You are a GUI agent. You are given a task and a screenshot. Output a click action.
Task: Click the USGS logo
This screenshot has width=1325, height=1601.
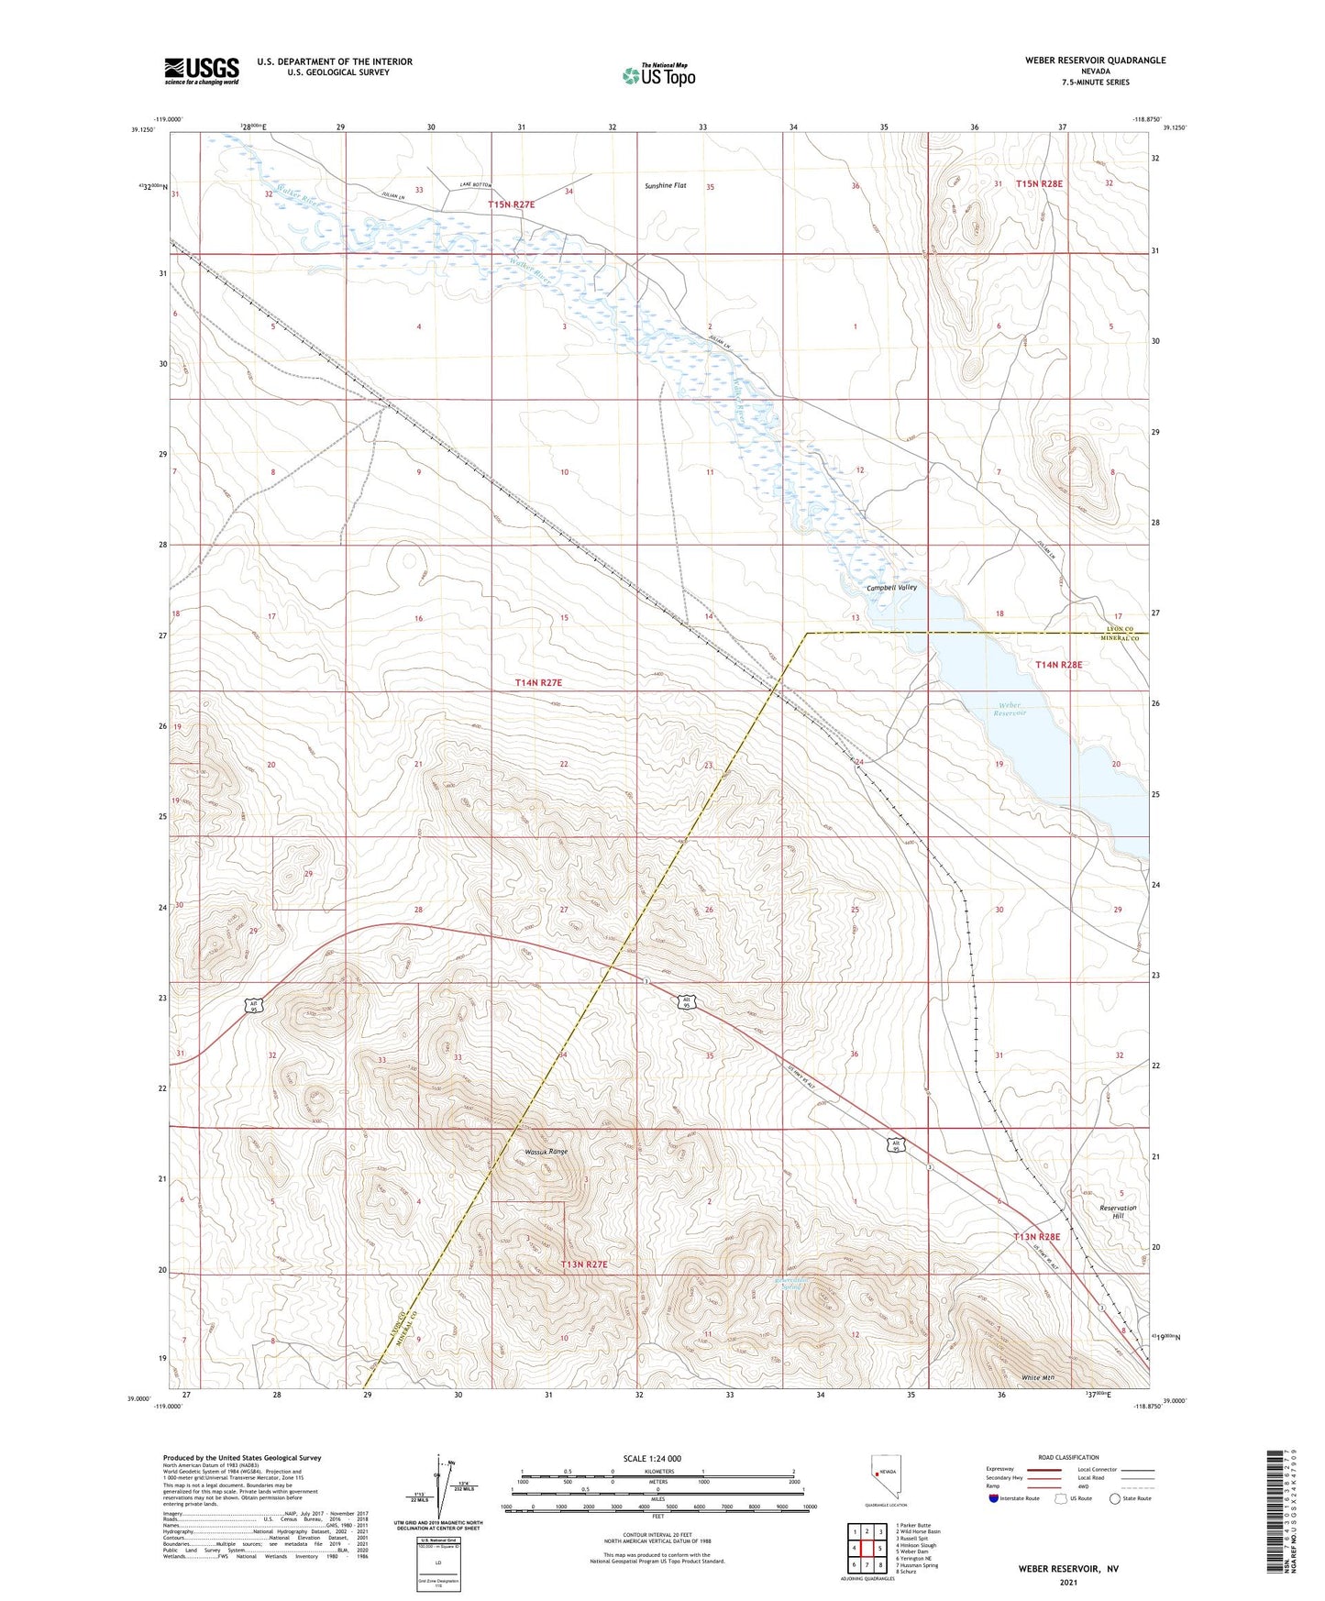[x=202, y=71]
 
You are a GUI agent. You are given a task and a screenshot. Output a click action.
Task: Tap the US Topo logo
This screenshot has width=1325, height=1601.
[x=658, y=74]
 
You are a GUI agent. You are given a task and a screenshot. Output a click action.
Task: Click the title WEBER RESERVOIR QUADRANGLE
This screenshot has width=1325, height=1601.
[x=1095, y=61]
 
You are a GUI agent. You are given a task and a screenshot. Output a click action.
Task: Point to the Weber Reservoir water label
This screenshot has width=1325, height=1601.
[x=1009, y=709]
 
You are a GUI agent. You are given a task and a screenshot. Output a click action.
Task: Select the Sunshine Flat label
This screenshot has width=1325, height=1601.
[x=665, y=185]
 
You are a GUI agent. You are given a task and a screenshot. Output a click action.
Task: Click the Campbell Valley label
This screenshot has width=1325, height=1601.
[x=891, y=587]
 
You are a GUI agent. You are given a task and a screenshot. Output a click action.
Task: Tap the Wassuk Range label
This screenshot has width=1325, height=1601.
[x=546, y=1152]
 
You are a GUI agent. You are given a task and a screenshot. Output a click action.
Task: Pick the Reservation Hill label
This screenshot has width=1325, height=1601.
[x=1118, y=1212]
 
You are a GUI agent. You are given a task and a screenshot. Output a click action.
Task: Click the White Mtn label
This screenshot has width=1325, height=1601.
[x=1038, y=1378]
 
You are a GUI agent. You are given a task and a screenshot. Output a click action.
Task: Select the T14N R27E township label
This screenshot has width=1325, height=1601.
[x=537, y=682]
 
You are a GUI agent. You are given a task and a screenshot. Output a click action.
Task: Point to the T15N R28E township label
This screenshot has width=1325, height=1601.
[x=1038, y=183]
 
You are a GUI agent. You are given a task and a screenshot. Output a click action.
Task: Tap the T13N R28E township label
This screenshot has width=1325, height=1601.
[x=1036, y=1237]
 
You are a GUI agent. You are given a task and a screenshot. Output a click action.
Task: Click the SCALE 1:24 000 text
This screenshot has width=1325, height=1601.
[x=652, y=1459]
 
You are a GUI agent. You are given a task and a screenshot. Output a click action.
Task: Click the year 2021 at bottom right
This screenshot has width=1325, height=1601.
[x=1067, y=1582]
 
